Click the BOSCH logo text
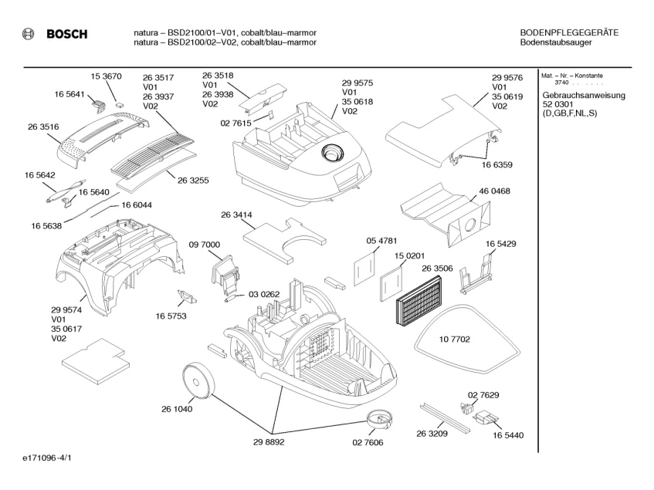tap(67, 34)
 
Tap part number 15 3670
tap(107, 76)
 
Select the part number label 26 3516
tap(44, 126)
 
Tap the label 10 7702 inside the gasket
tap(455, 340)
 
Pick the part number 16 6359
tap(497, 164)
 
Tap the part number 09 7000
tap(204, 244)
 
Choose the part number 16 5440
tap(507, 436)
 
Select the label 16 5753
tap(171, 316)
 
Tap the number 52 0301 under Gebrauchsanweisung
tap(558, 104)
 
